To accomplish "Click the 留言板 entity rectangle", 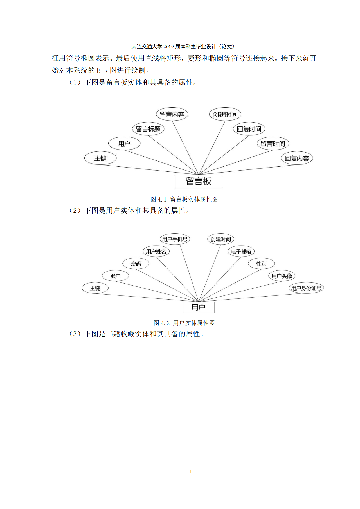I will (x=199, y=181).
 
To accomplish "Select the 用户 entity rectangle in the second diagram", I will (x=199, y=307).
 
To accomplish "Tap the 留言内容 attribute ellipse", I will (x=172, y=114).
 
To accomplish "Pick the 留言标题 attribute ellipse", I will (x=148, y=129).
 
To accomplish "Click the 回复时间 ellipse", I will (x=249, y=129).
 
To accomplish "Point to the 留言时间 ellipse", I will (x=273, y=144).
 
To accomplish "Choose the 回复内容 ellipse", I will (x=297, y=158).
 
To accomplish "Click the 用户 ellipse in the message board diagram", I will (x=124, y=144).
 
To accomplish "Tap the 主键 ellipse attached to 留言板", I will (x=100, y=158).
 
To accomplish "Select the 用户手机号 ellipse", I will (x=175, y=239).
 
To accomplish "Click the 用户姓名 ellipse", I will (x=156, y=251).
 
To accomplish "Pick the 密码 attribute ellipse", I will (x=136, y=264).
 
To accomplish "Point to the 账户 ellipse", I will (x=115, y=276).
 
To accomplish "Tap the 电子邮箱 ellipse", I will (x=241, y=251).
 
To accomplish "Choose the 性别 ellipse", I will (x=261, y=264).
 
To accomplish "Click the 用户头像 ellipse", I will (x=282, y=276).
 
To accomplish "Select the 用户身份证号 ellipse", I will (x=306, y=288).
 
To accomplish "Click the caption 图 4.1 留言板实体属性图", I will (x=184, y=199).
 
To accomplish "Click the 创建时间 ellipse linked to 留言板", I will (x=225, y=114).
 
